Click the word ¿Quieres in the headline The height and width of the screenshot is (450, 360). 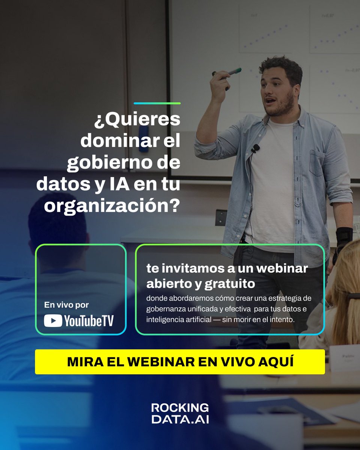(x=137, y=120)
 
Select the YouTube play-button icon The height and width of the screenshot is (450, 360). (x=53, y=321)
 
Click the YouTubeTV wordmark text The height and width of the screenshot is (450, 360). (x=89, y=321)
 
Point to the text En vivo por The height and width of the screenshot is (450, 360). (x=66, y=305)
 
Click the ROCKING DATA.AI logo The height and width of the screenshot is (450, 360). (x=180, y=413)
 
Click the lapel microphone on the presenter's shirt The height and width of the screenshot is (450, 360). (x=256, y=148)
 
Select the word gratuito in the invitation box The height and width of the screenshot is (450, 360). (x=230, y=284)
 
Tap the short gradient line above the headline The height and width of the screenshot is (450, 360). (x=157, y=103)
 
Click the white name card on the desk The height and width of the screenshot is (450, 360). (x=344, y=358)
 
